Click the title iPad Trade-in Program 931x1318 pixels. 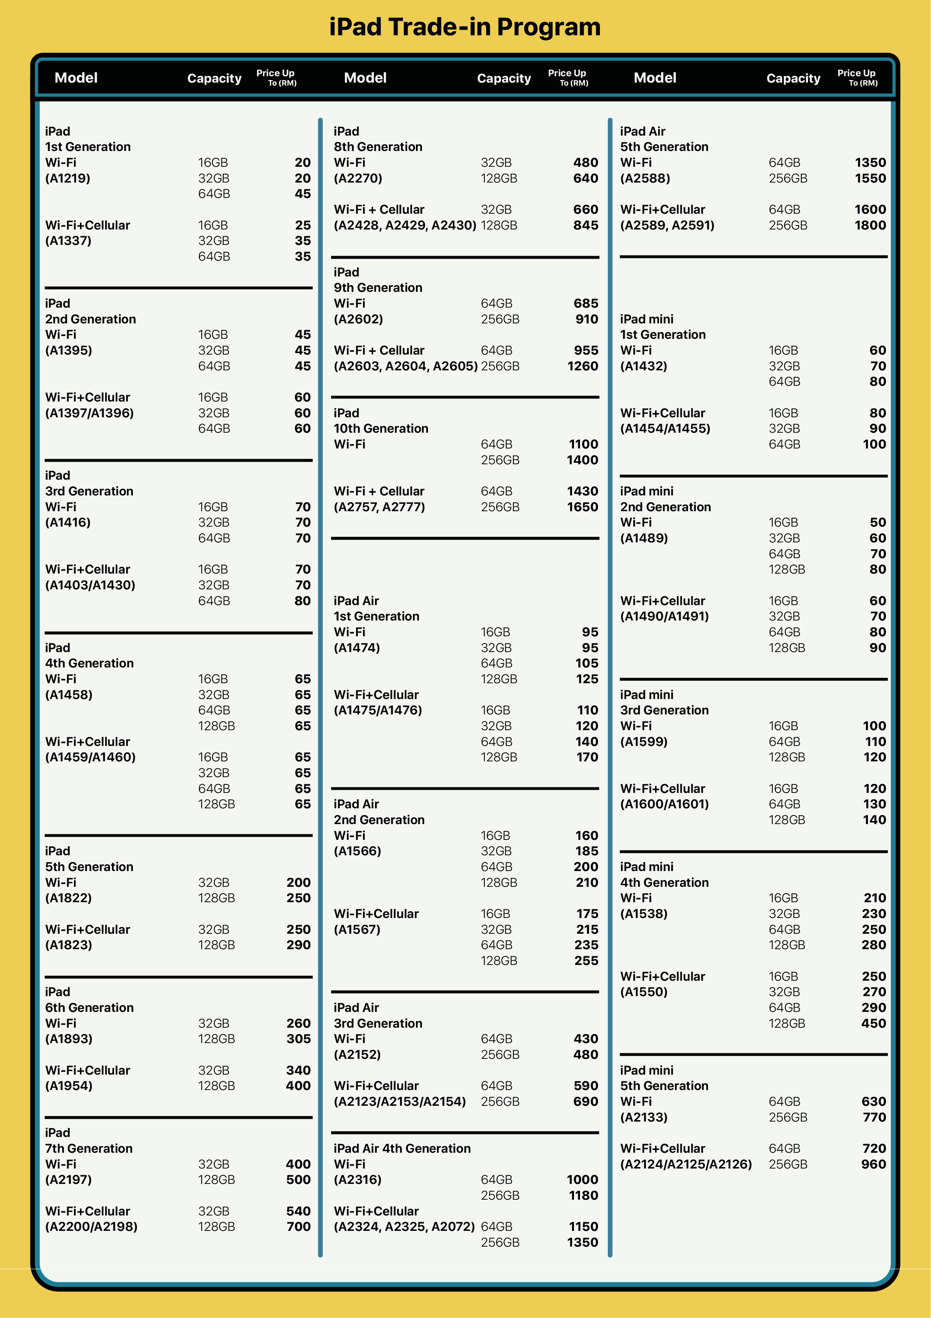pos(465,27)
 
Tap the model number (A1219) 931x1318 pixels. pos(68,178)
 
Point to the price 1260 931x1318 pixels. pos(582,366)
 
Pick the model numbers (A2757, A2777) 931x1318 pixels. pos(379,507)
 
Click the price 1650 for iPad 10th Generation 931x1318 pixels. pos(582,507)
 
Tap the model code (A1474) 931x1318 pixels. pos(357,648)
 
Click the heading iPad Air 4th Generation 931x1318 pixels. pos(402,1148)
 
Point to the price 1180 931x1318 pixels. pos(583,1195)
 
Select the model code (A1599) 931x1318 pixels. pos(643,742)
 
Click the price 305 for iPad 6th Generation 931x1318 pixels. pos(298,1039)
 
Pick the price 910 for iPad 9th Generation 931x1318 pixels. pos(586,319)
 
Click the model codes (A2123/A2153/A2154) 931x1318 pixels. pos(400,1102)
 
